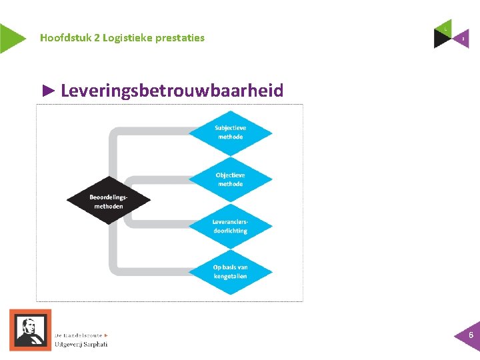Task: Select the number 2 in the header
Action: pos(97,38)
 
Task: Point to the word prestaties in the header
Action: pos(180,38)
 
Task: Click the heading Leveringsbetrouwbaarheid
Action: pos(171,91)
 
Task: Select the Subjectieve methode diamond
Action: pos(230,132)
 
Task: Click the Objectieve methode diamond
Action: pos(230,179)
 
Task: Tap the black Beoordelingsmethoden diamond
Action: pos(109,201)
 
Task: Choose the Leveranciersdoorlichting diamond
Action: pos(230,227)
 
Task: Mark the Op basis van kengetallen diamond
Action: pos(230,271)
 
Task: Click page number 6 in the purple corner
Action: pos(471,335)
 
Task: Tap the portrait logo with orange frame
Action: pos(30,329)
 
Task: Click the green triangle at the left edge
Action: pos(10,38)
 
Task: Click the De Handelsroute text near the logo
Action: pos(80,335)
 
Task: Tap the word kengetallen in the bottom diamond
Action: pos(230,276)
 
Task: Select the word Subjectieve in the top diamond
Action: pos(230,127)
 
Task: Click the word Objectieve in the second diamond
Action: pos(230,175)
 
